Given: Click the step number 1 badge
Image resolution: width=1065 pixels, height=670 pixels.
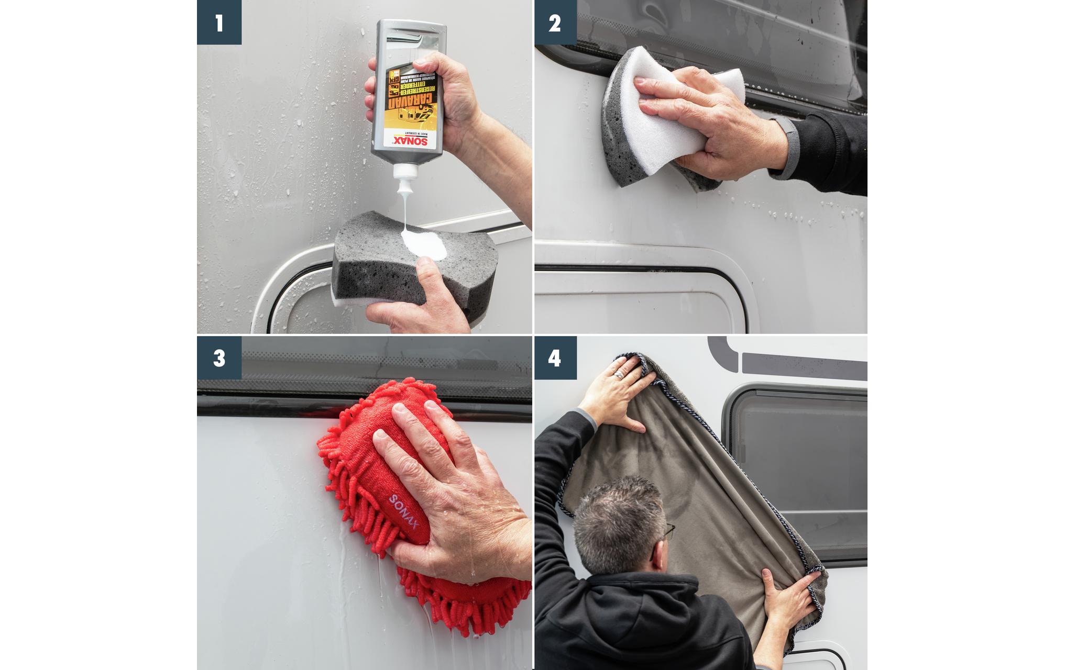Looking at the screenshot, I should pyautogui.click(x=219, y=23).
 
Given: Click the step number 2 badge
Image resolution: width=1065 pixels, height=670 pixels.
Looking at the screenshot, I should pyautogui.click(x=555, y=23).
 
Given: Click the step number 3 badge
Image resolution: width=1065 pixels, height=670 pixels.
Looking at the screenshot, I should pyautogui.click(x=219, y=358).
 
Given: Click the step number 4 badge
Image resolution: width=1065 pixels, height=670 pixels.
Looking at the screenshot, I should pyautogui.click(x=555, y=358).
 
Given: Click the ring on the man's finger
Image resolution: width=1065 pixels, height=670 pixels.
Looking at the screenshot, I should pyautogui.click(x=619, y=375).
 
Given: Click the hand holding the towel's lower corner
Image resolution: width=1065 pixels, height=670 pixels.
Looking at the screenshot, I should pyautogui.click(x=786, y=597).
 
